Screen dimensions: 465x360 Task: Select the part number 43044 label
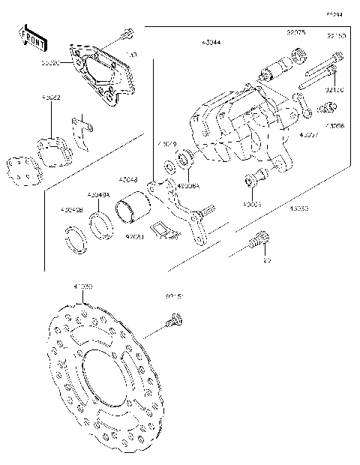[x=212, y=43]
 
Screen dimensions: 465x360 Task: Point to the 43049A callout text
[x=98, y=196]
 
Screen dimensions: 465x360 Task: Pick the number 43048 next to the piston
[x=129, y=180]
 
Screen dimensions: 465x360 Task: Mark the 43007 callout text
[x=309, y=135]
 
